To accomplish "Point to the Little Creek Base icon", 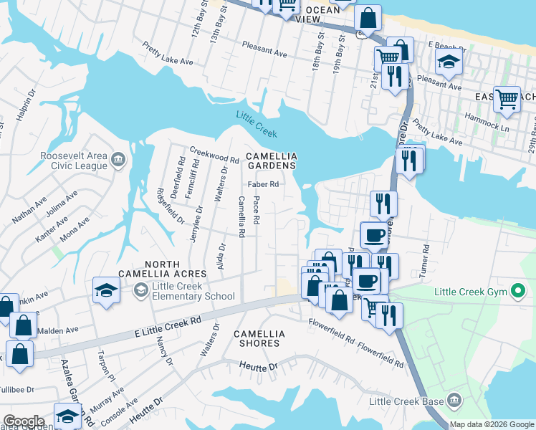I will pos(453,399).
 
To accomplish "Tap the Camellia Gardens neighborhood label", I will pos(271,161).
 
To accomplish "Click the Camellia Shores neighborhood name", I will pos(259,338).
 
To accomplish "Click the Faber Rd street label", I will pos(263,183).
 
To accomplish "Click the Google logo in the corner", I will pos(24,421).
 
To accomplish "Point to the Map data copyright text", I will pos(492,424).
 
